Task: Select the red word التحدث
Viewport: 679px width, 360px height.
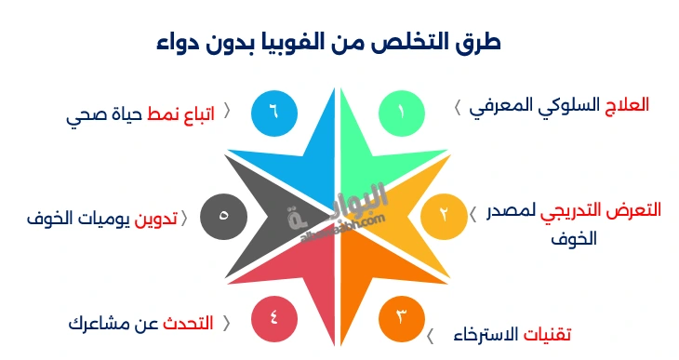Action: coord(188,324)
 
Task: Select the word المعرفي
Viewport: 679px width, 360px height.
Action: coord(503,105)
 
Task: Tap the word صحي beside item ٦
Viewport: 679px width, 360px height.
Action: coord(86,116)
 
